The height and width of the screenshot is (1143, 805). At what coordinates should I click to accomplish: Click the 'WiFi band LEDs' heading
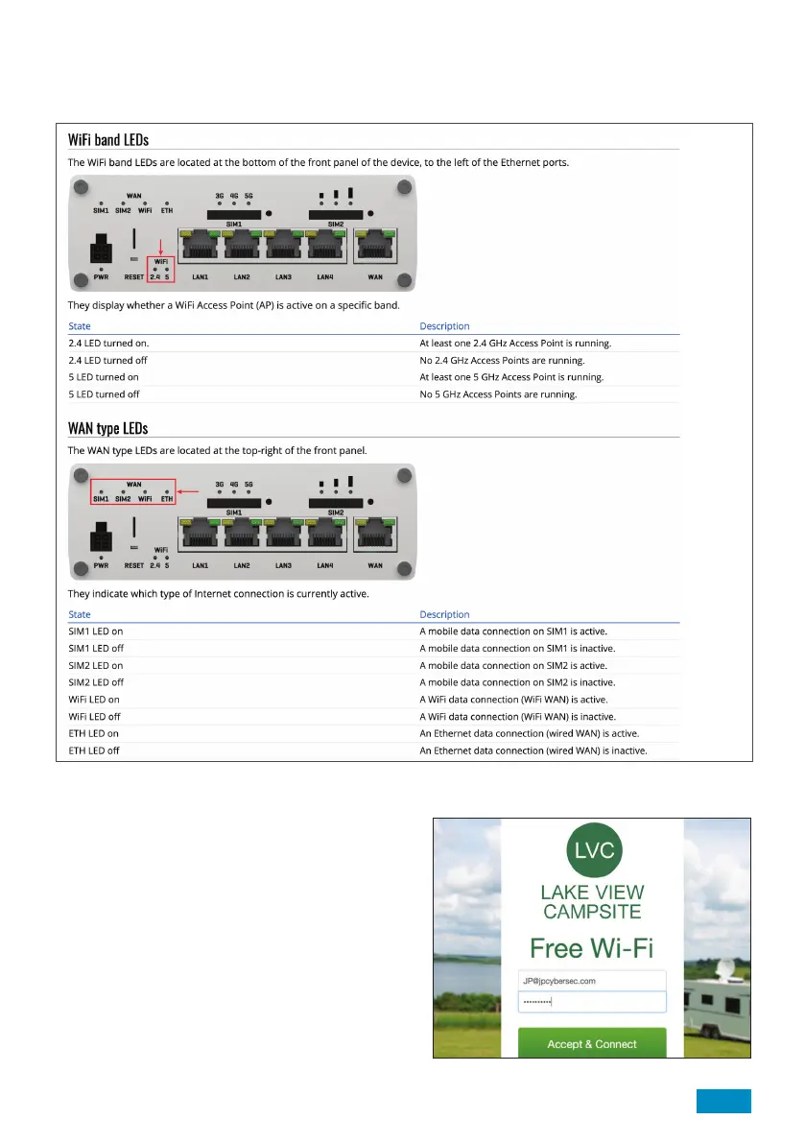[x=108, y=141]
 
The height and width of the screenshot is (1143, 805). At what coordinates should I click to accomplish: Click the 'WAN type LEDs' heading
[x=107, y=428]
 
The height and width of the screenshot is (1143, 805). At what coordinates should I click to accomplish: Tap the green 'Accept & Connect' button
[x=591, y=1043]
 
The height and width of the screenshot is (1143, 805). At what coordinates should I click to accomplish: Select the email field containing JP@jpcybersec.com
[x=591, y=981]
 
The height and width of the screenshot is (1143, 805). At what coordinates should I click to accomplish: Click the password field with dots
[x=591, y=1002]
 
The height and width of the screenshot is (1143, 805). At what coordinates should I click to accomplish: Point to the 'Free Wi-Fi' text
[x=591, y=948]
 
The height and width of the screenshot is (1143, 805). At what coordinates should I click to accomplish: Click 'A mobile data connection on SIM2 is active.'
[x=513, y=665]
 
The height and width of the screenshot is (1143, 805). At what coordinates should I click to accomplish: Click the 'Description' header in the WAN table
[x=444, y=614]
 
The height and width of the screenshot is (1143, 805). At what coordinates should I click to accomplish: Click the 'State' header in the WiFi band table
[x=80, y=326]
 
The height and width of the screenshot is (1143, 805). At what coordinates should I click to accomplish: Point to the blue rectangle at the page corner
[x=722, y=1102]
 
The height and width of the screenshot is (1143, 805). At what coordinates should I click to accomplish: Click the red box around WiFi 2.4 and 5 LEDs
[x=159, y=270]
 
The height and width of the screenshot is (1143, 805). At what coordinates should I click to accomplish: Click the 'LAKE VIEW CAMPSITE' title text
[x=591, y=902]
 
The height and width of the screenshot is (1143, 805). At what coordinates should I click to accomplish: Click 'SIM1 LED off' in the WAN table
[x=95, y=648]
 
